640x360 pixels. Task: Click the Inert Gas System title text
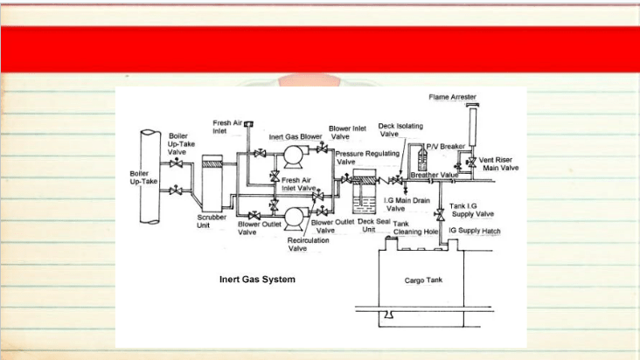click(x=257, y=280)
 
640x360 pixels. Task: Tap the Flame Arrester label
click(x=452, y=97)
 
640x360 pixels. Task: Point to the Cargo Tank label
click(x=423, y=280)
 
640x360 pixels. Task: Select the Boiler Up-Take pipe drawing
click(x=150, y=177)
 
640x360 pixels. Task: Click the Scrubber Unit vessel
click(x=212, y=183)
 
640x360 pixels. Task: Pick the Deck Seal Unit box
click(x=364, y=191)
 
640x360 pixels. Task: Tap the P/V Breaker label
click(x=445, y=146)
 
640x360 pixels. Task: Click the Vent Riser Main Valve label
click(x=498, y=164)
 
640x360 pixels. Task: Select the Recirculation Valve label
click(x=308, y=244)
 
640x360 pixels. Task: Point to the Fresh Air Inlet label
click(x=227, y=127)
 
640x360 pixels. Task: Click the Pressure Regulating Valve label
click(x=367, y=157)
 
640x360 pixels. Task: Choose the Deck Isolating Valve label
click(x=400, y=129)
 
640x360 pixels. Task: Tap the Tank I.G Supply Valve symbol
click(x=440, y=214)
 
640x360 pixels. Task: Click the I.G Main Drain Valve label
click(x=407, y=204)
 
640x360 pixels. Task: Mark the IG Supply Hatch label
click(x=474, y=231)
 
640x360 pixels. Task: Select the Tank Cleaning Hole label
click(x=415, y=228)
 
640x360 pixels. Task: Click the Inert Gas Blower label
click(x=296, y=137)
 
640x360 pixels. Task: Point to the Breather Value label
click(x=435, y=175)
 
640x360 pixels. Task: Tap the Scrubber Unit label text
click(x=212, y=221)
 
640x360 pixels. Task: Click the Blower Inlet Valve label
click(x=347, y=133)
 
